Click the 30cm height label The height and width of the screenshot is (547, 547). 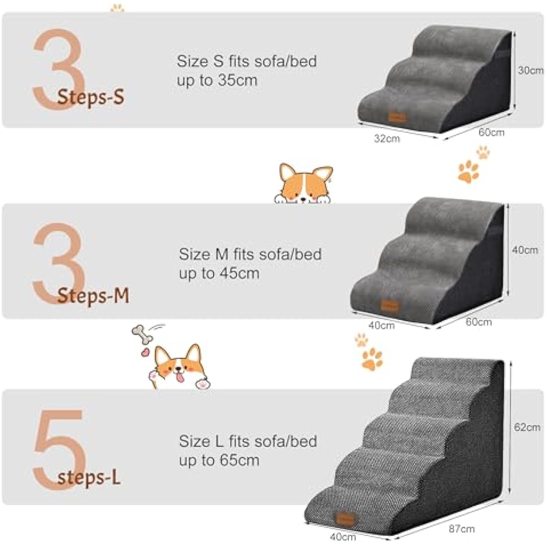click(530, 71)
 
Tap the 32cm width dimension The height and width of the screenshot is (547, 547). click(386, 139)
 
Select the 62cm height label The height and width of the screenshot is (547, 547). click(527, 427)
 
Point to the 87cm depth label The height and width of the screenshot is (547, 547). click(461, 529)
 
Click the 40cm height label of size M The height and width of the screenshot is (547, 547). click(525, 250)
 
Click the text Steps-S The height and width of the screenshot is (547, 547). click(90, 96)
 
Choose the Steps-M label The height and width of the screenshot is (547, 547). click(92, 296)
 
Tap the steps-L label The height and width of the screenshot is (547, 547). click(89, 478)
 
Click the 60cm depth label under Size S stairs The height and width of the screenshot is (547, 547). click(491, 132)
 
